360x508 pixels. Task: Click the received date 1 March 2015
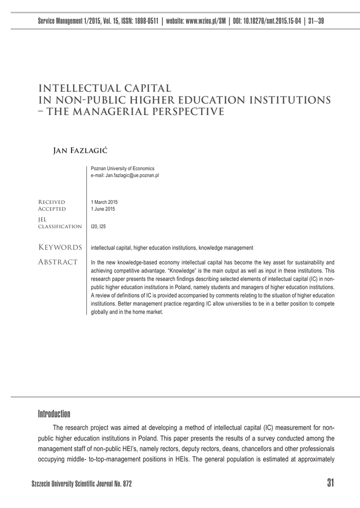click(x=105, y=202)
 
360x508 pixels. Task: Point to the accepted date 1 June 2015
click(x=103, y=209)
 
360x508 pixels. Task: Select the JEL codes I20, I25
click(x=98, y=226)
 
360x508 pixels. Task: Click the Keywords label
click(x=60, y=247)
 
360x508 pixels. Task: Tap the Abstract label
click(x=58, y=261)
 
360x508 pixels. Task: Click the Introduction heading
click(x=54, y=414)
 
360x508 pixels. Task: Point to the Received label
click(x=52, y=202)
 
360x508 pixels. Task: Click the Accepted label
click(x=52, y=209)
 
